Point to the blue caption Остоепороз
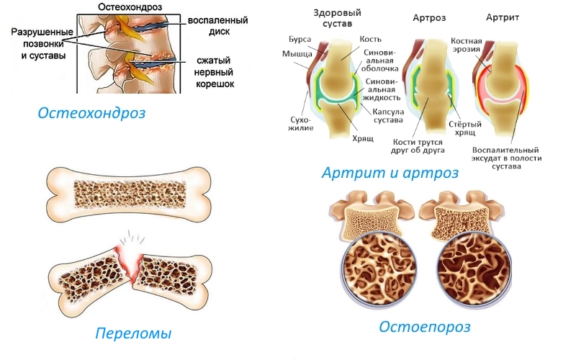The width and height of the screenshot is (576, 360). (424, 327)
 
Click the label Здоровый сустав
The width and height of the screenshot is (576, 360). (338, 19)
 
